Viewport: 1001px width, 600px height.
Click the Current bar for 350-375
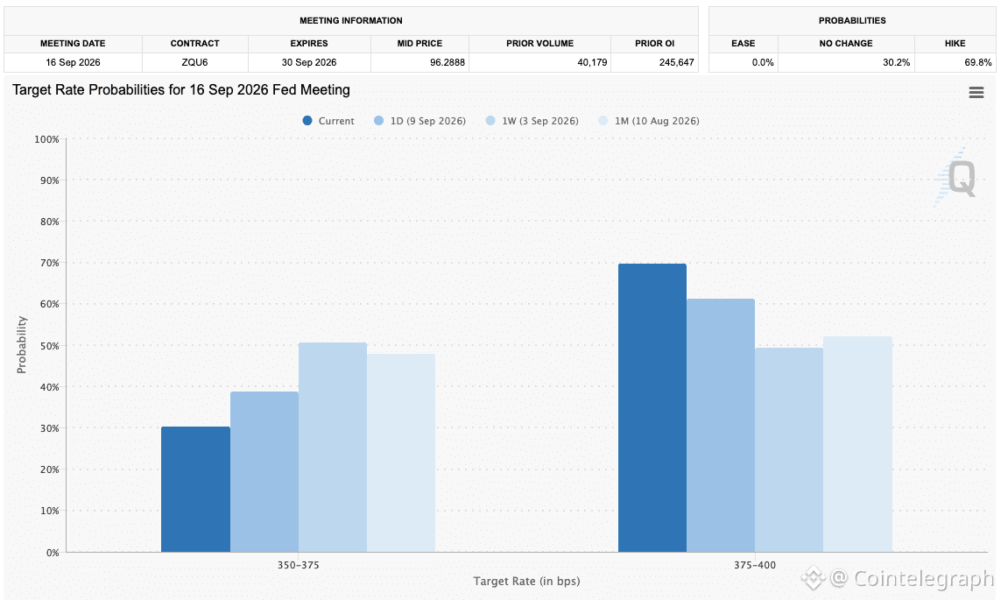195,490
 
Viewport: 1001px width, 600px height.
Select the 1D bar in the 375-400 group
721,426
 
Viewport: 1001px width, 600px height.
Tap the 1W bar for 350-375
333,448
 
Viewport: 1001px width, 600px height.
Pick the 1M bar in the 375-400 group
857,444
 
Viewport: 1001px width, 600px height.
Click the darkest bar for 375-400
652,408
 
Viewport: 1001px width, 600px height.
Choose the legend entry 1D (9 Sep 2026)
420,121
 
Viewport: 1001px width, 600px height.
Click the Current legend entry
328,121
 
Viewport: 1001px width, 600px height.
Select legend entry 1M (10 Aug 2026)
649,121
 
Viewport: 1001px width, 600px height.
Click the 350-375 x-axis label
298,565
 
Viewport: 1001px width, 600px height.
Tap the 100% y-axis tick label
46,139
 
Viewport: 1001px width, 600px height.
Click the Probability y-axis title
22,345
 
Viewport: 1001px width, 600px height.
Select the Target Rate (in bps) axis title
526,581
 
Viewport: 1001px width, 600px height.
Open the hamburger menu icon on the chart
976,93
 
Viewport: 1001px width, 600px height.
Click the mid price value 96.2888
448,62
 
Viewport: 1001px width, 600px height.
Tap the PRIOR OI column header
654,44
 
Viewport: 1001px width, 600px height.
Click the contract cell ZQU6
194,62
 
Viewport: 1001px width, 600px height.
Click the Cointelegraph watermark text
924,578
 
